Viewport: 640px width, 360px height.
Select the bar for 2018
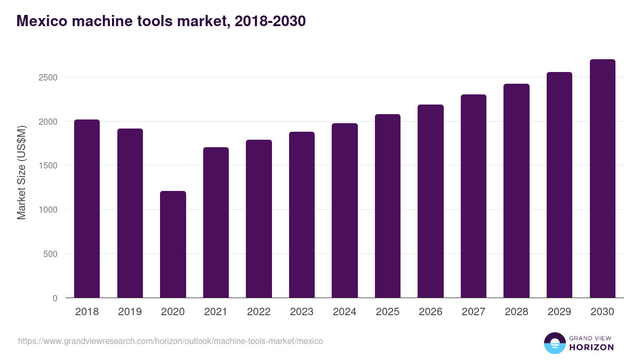tap(87, 209)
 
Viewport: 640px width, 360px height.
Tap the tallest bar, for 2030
tap(602, 178)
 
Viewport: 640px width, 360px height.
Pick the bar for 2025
tap(388, 206)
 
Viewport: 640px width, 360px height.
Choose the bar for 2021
tap(216, 222)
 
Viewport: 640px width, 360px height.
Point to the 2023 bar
tap(302, 214)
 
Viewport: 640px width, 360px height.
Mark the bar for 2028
tap(516, 190)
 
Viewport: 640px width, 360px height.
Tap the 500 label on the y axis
tap(51, 254)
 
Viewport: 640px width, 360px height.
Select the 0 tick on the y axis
tap(55, 298)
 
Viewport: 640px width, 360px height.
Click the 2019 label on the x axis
tap(130, 312)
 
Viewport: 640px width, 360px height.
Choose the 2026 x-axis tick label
tap(430, 312)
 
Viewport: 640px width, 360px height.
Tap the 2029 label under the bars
tap(559, 312)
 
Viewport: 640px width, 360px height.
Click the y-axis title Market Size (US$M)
tap(21, 172)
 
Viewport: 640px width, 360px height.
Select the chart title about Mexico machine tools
tap(161, 21)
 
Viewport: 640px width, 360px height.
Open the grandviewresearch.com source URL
tap(171, 341)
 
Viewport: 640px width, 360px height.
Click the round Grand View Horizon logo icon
tap(555, 343)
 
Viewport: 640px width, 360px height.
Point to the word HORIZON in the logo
tap(591, 347)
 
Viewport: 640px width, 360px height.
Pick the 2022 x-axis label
tap(259, 312)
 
